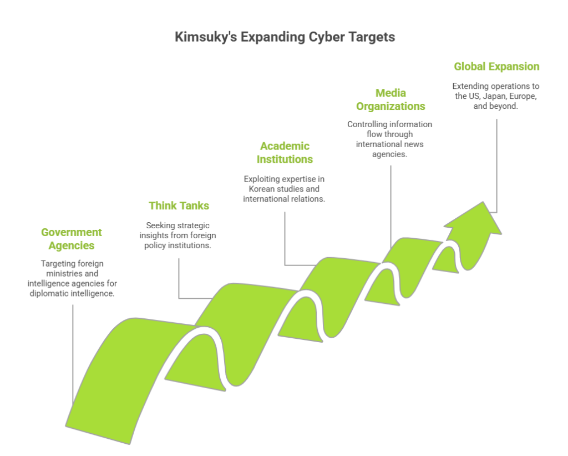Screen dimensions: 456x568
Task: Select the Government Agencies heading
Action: tap(72, 239)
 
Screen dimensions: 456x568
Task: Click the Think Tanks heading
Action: tap(179, 206)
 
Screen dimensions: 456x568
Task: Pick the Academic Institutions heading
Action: tap(285, 153)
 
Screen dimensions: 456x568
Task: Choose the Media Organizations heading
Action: tap(390, 99)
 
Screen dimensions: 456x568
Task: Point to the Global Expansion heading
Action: tap(496, 67)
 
